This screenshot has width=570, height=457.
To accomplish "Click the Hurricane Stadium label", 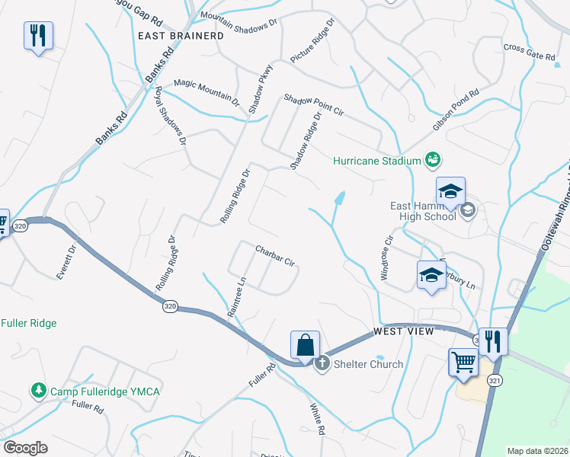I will point(377,161).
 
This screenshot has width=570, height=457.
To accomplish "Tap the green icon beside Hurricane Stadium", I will point(434,159).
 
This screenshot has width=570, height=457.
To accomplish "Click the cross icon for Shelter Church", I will point(322,363).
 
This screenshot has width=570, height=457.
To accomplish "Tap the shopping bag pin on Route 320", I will point(305,345).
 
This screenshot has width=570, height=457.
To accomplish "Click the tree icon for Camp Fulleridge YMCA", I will point(38,391).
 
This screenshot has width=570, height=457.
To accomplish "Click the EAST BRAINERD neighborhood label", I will point(181,36).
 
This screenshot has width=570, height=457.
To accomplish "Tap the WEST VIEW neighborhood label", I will point(403,331).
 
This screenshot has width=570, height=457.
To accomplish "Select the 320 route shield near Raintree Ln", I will point(169,306).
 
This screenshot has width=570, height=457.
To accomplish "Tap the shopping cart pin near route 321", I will point(463,363).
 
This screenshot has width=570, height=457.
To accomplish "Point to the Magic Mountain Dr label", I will point(206,91).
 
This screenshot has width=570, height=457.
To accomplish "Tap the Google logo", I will point(25,448).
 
